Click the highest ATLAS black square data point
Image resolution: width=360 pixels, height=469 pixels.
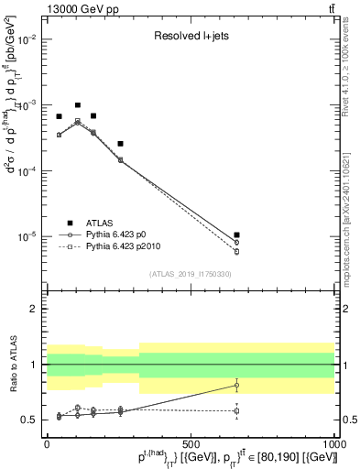click(x=78, y=105)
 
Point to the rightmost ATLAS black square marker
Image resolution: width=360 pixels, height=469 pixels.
click(x=236, y=235)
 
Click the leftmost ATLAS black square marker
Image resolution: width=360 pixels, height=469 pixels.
click(x=59, y=116)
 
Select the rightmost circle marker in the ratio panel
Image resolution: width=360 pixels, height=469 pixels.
click(x=236, y=385)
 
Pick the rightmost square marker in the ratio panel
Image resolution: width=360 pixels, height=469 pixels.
click(x=236, y=410)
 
